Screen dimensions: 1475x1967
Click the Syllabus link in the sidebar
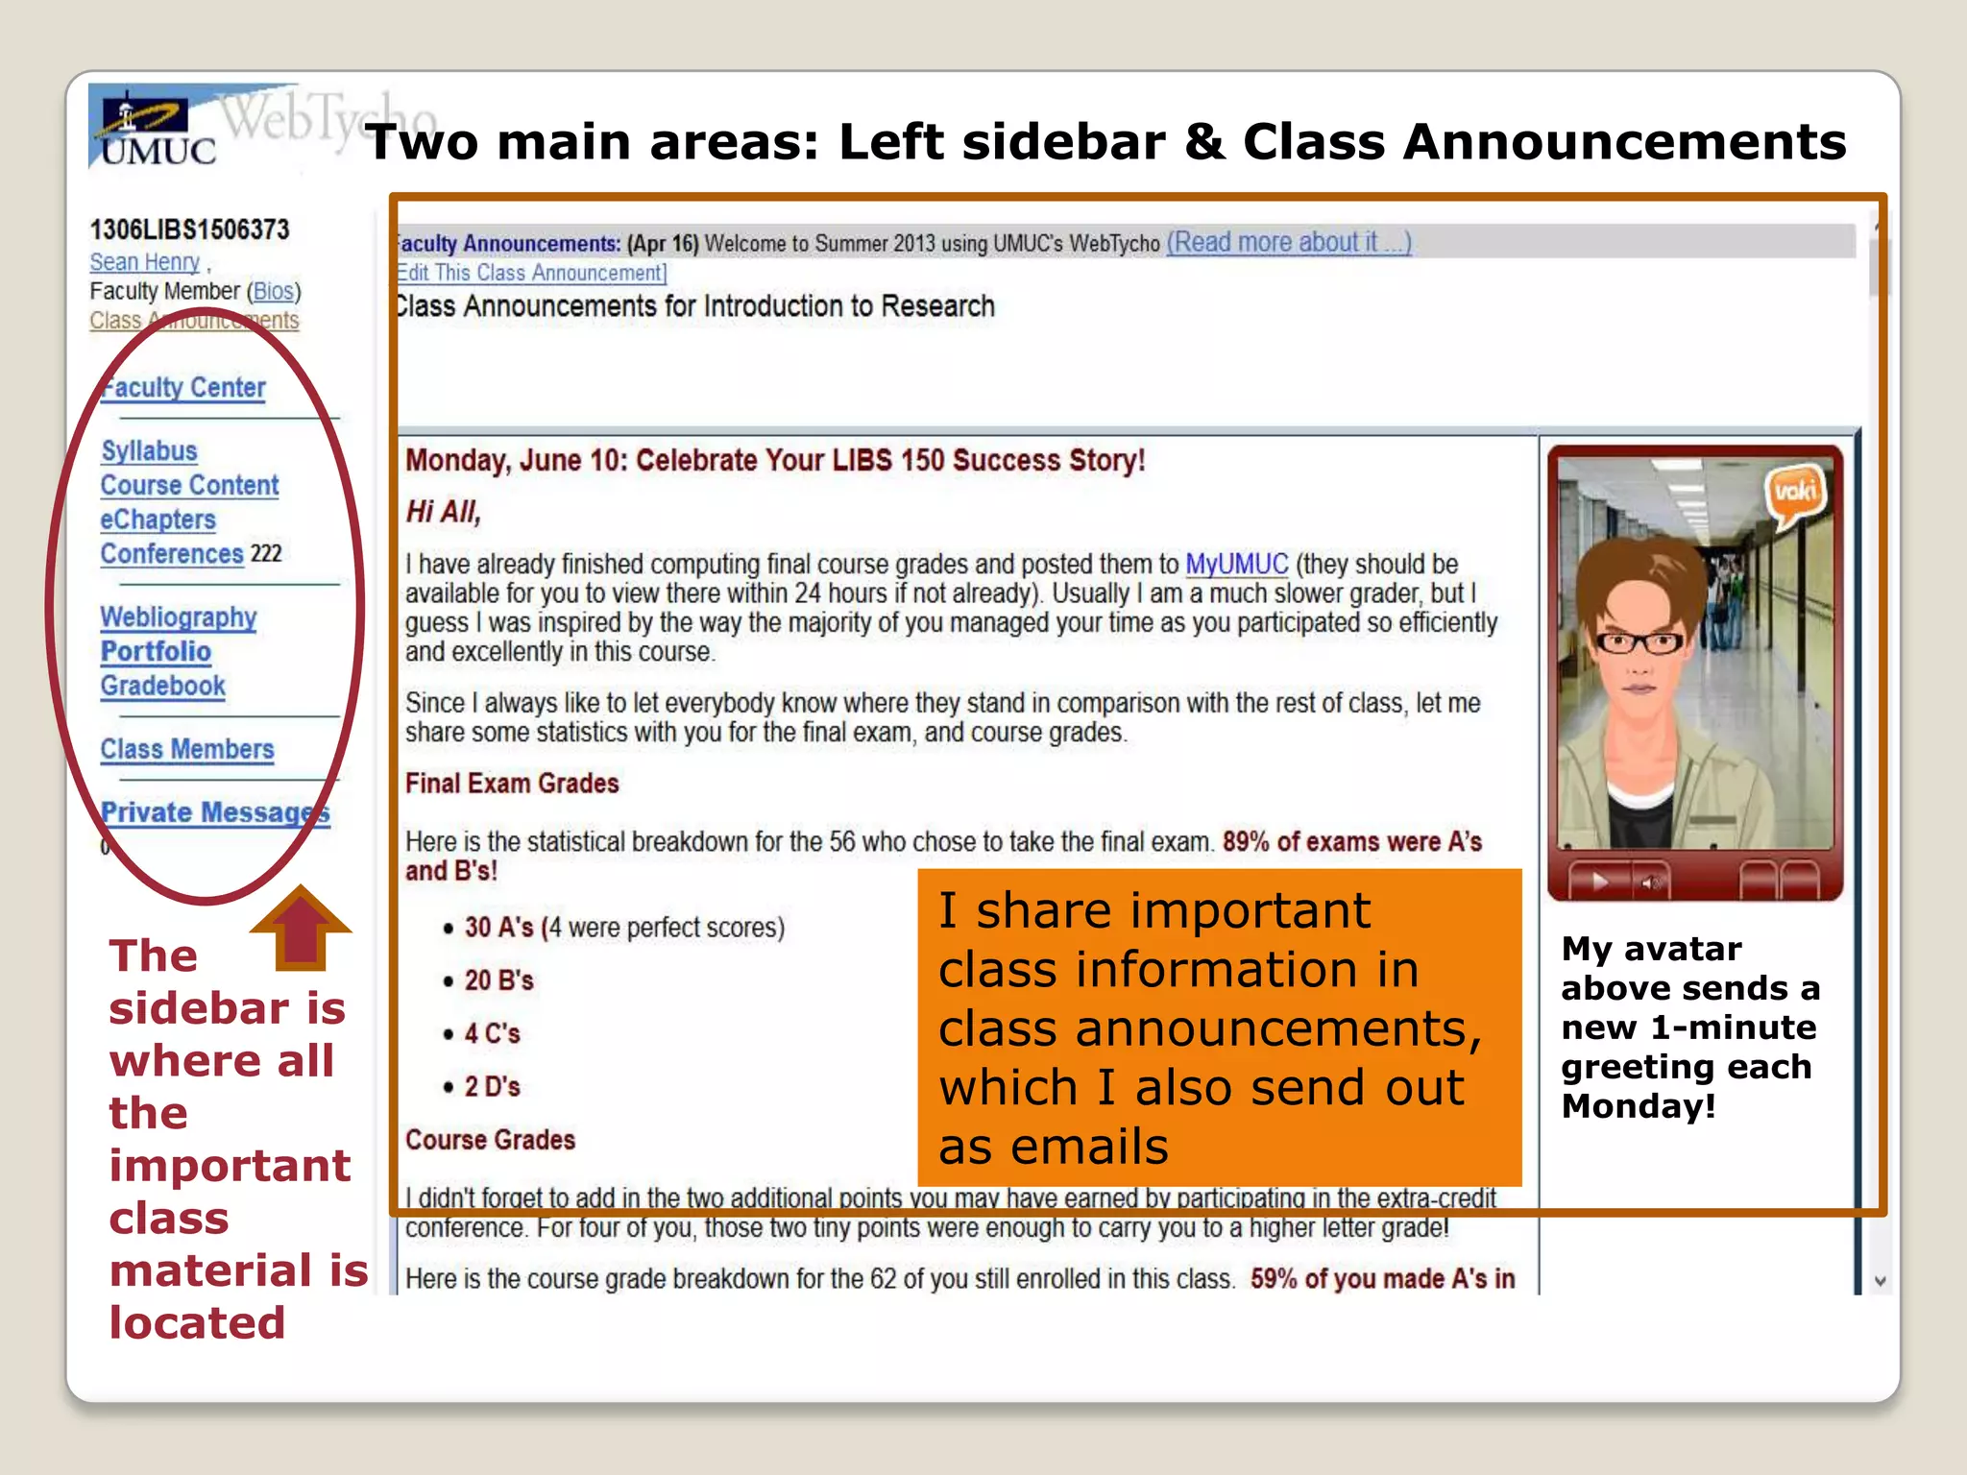pyautogui.click(x=149, y=451)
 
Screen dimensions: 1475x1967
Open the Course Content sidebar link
pyautogui.click(x=189, y=486)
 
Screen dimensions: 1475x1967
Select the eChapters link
pyautogui.click(x=158, y=520)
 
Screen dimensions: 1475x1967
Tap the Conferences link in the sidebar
pyautogui.click(x=172, y=554)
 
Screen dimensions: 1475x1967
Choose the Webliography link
pyautogui.click(x=179, y=617)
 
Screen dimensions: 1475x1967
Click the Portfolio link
pyautogui.click(x=156, y=652)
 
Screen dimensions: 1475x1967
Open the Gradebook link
pyautogui.click(x=162, y=686)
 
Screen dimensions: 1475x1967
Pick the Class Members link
pyautogui.click(x=187, y=749)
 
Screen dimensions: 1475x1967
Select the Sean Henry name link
pyautogui.click(x=144, y=262)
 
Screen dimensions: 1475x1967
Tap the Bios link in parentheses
pyautogui.click(x=274, y=291)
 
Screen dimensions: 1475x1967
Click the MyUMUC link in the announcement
pyautogui.click(x=1237, y=564)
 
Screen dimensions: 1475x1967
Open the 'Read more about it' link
pyautogui.click(x=1288, y=243)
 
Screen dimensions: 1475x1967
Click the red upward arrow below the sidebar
pyautogui.click(x=301, y=926)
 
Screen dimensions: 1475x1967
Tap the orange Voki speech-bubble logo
pyautogui.click(x=1793, y=494)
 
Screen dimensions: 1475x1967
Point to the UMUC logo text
pyautogui.click(x=159, y=152)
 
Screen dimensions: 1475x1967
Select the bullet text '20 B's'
pyautogui.click(x=498, y=980)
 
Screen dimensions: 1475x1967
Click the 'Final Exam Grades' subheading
pyautogui.click(x=512, y=784)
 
